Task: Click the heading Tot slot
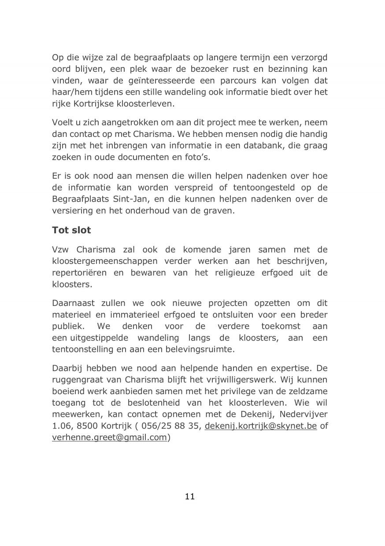[x=71, y=231]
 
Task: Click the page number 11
[x=190, y=497]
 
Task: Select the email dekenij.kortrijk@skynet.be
[x=261, y=426]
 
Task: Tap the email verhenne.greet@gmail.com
[x=109, y=437]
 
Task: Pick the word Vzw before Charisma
[x=61, y=250]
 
